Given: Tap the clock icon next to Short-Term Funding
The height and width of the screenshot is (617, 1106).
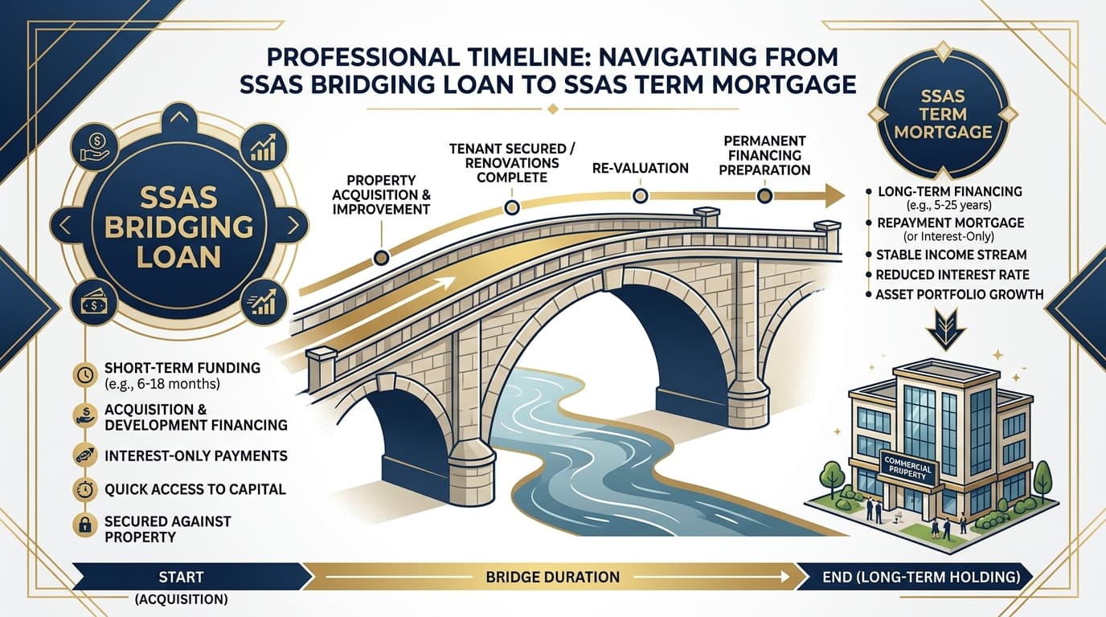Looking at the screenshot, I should click(x=84, y=373).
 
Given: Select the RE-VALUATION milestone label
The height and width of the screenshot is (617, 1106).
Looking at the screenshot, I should click(x=641, y=169).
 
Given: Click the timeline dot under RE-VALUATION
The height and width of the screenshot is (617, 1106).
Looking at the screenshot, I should click(x=641, y=196).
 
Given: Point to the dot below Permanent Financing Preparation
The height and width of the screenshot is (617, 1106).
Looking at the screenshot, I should click(x=764, y=195).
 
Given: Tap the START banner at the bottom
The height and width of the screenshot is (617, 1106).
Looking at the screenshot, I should click(x=182, y=577).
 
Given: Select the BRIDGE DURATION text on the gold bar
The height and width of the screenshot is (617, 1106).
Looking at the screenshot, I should click(x=552, y=577).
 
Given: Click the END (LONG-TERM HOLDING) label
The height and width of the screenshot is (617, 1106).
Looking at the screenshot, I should click(x=921, y=577).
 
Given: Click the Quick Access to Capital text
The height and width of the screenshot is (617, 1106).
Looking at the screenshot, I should click(x=195, y=488).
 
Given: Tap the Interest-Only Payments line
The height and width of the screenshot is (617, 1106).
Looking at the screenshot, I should click(x=195, y=456).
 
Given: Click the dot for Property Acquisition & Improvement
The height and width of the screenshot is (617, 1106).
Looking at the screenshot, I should click(x=382, y=257).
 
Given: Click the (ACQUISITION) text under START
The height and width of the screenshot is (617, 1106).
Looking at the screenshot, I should click(x=182, y=599).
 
